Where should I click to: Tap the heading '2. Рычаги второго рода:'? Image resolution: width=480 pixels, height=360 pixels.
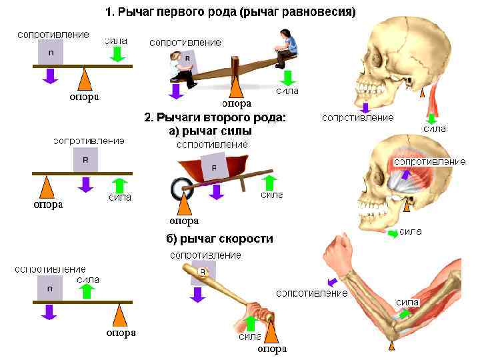click(215, 118)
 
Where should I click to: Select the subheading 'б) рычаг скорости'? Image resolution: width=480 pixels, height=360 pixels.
click(219, 239)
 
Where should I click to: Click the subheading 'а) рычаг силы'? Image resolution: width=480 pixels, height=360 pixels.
click(210, 131)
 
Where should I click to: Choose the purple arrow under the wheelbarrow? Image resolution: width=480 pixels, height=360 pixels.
click(215, 192)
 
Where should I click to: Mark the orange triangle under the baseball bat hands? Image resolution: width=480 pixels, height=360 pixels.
click(273, 332)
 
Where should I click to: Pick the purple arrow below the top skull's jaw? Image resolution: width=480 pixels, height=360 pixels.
click(364, 106)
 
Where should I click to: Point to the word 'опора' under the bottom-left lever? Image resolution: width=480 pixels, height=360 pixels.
click(121, 333)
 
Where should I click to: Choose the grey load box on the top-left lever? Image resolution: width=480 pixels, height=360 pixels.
click(51, 52)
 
